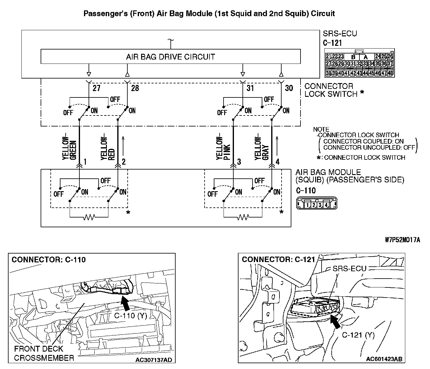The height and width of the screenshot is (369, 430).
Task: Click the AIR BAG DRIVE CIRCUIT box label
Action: coord(170,57)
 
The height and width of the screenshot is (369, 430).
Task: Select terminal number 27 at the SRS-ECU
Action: coord(97,88)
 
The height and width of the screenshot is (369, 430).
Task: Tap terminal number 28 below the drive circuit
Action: coord(135,88)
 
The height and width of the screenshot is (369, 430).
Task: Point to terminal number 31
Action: coord(250,88)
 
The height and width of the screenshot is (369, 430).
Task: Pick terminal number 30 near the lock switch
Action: coord(289,88)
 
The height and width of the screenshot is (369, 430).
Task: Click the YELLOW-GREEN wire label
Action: coord(69,147)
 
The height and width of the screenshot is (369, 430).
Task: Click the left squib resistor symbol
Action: coord(89,217)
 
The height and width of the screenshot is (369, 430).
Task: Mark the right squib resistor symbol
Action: coord(243,217)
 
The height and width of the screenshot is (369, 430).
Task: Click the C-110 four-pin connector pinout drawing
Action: coord(316,203)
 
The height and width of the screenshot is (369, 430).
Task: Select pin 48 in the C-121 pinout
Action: coord(390,73)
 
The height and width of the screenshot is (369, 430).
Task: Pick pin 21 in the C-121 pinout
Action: coord(329,57)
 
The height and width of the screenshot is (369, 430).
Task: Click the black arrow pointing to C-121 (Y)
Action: coord(335,322)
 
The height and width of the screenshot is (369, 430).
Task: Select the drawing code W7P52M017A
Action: coord(402,240)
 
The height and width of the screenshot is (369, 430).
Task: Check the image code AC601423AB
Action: coord(384,359)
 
